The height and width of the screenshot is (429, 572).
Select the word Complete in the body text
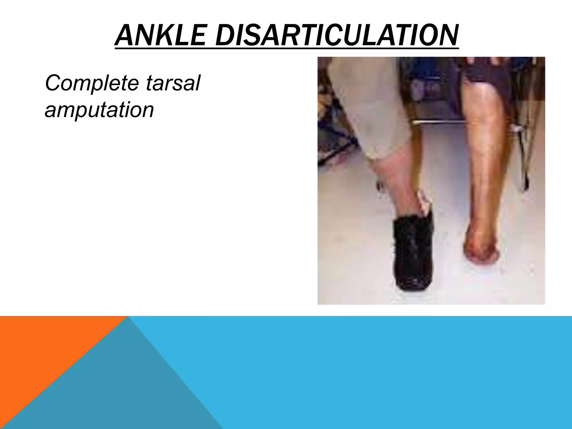click(92, 83)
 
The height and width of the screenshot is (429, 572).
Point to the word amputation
click(99, 110)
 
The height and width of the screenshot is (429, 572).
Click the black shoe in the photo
click(413, 251)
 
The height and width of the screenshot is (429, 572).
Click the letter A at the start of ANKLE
click(123, 35)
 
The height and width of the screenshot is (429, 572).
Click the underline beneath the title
click(286, 49)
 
